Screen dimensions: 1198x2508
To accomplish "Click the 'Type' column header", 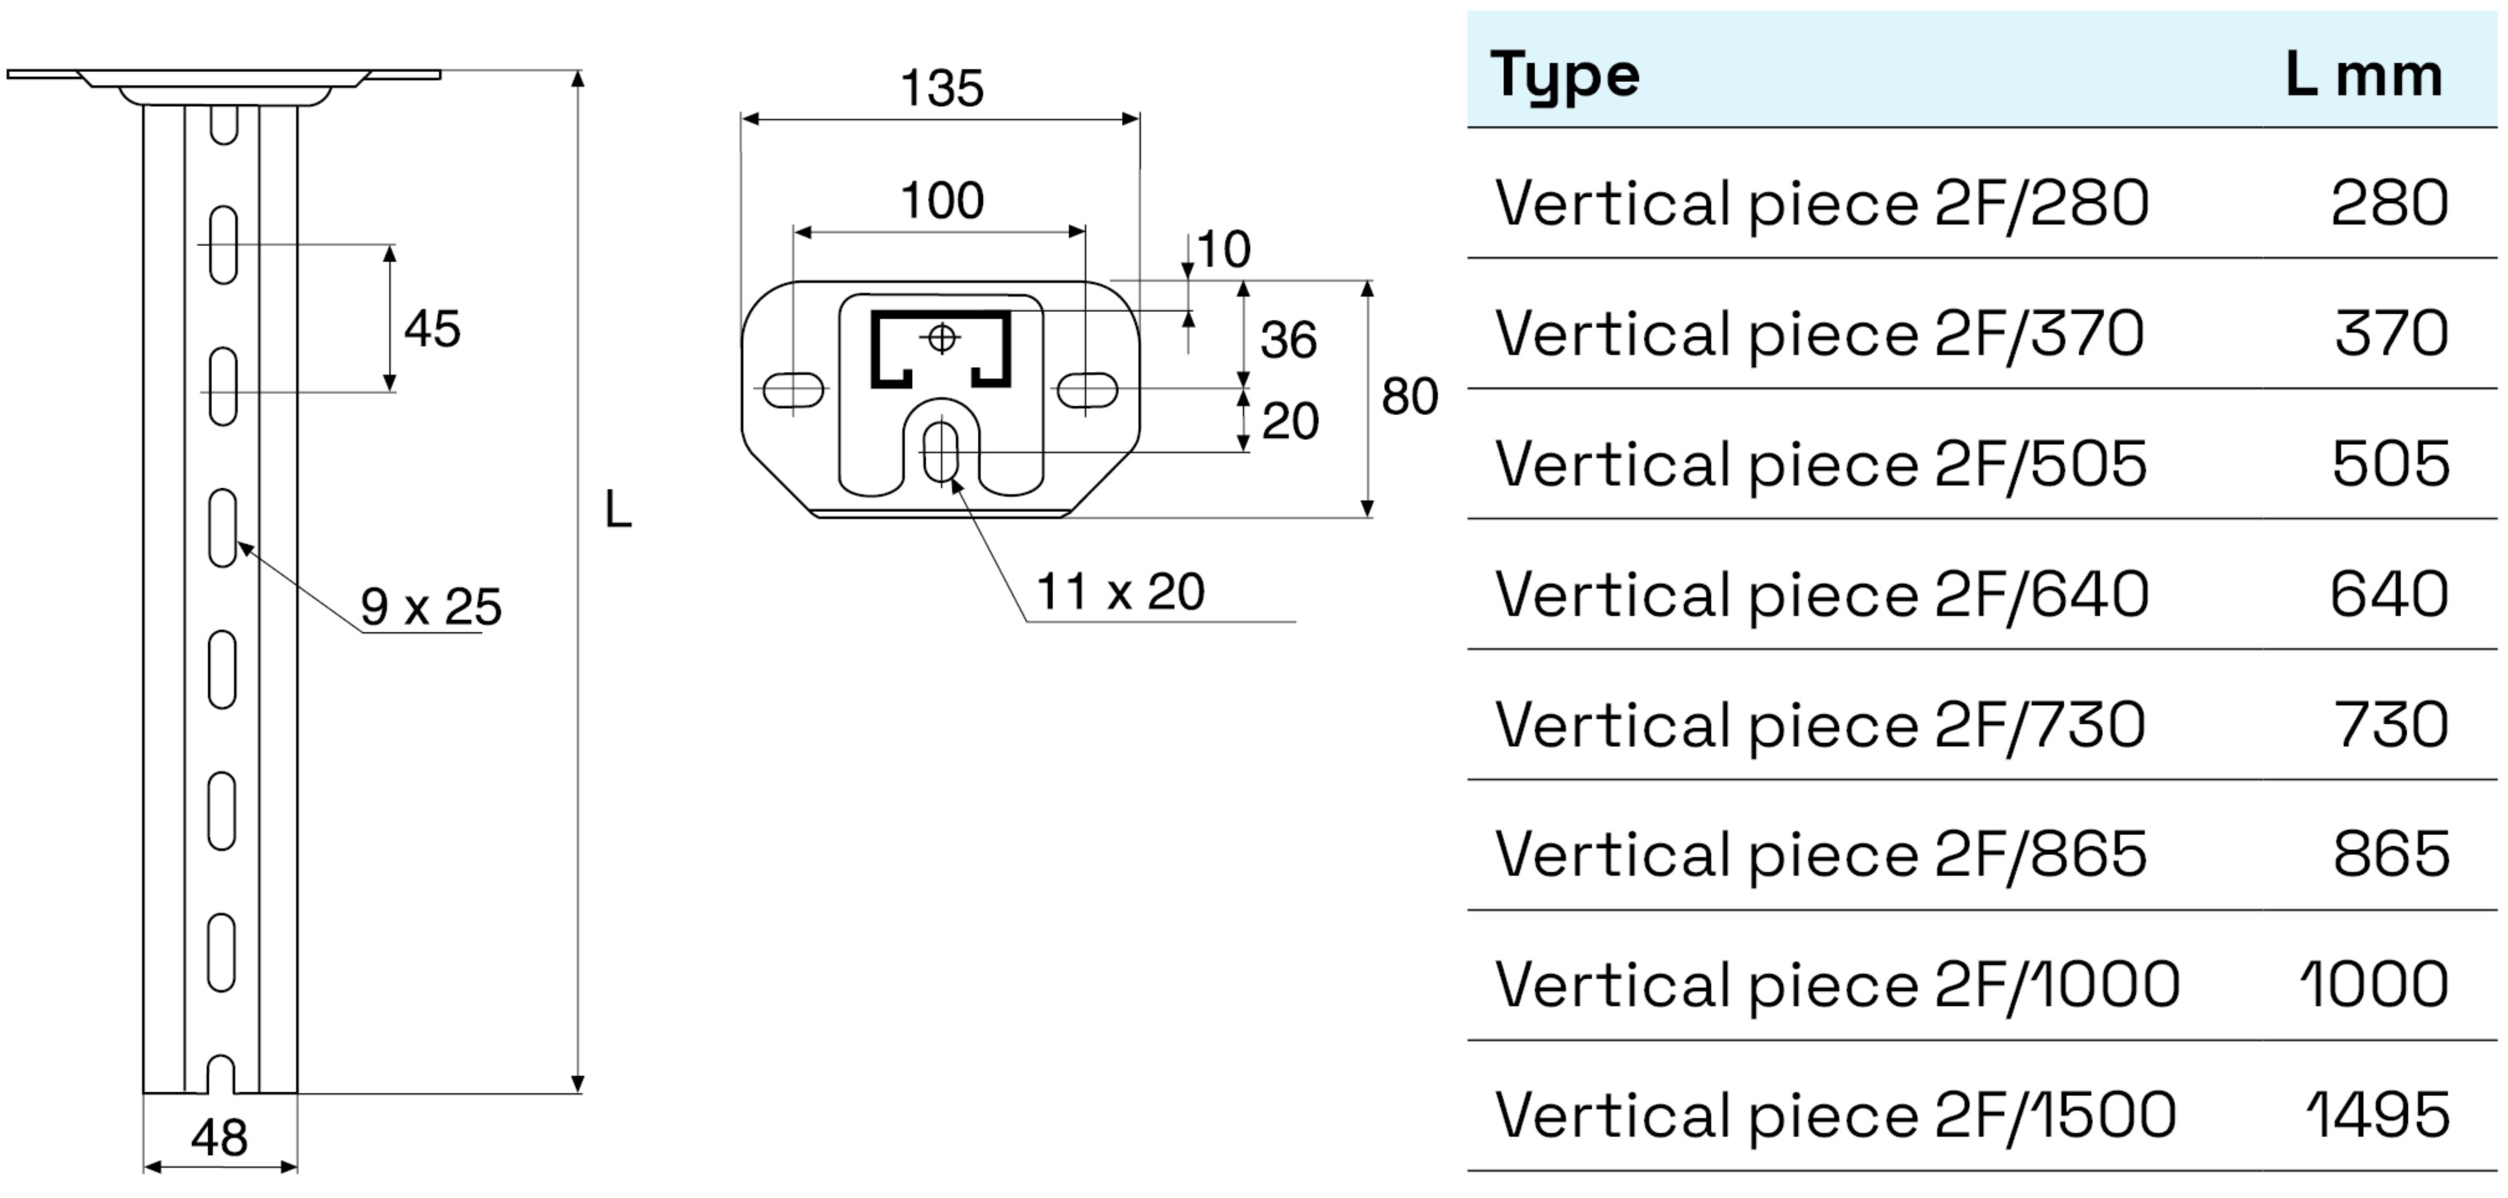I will pyautogui.click(x=1564, y=76).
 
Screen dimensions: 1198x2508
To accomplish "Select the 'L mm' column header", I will pyautogui.click(x=2363, y=76).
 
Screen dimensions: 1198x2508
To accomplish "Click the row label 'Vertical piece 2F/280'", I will pyautogui.click(x=1821, y=204).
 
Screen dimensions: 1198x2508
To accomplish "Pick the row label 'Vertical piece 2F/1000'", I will pyautogui.click(x=1836, y=985).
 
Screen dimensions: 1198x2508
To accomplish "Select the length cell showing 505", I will pyautogui.click(x=2390, y=465).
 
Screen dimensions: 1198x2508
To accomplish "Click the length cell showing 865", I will pyautogui.click(x=2390, y=855).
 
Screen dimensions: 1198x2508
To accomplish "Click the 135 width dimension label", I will pyautogui.click(x=942, y=89).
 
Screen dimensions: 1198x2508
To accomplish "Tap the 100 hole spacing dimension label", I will pyautogui.click(x=942, y=201).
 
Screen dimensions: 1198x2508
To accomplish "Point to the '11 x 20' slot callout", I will pyautogui.click(x=1120, y=592).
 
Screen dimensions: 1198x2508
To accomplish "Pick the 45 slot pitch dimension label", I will pyautogui.click(x=432, y=329).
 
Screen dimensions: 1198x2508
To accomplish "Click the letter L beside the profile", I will pyautogui.click(x=617, y=510).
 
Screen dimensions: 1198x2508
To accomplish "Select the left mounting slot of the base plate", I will pyautogui.click(x=793, y=390).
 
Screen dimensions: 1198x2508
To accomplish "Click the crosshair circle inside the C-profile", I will pyautogui.click(x=942, y=338).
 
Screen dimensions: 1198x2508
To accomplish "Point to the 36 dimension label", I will pyautogui.click(x=1288, y=341).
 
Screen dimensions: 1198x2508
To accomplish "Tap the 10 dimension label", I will pyautogui.click(x=1223, y=250).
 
